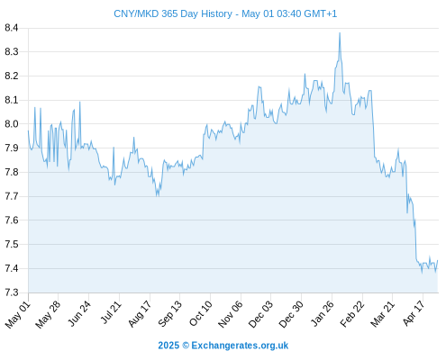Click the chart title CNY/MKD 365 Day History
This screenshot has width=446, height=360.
point(173,13)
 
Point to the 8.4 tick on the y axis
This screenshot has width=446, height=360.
point(12,28)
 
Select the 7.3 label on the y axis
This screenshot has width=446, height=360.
point(12,292)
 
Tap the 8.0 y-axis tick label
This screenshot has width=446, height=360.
point(12,124)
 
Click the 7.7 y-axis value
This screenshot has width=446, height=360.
point(12,196)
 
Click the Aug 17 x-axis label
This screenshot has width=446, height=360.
point(140,314)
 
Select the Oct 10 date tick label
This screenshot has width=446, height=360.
point(200,314)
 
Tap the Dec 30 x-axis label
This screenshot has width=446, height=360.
point(291,314)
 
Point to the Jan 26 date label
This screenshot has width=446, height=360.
point(322,314)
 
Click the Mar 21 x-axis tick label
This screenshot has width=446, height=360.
point(382,314)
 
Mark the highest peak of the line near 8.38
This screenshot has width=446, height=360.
point(340,33)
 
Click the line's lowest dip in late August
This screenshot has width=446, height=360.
point(157,196)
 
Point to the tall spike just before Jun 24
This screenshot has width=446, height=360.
point(80,103)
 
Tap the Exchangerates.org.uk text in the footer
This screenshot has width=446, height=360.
point(240,346)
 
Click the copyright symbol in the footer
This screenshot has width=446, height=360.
point(186,346)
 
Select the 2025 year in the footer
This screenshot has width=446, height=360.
point(168,346)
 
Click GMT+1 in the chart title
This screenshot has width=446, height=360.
point(321,13)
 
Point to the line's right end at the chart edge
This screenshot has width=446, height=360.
point(438,260)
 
